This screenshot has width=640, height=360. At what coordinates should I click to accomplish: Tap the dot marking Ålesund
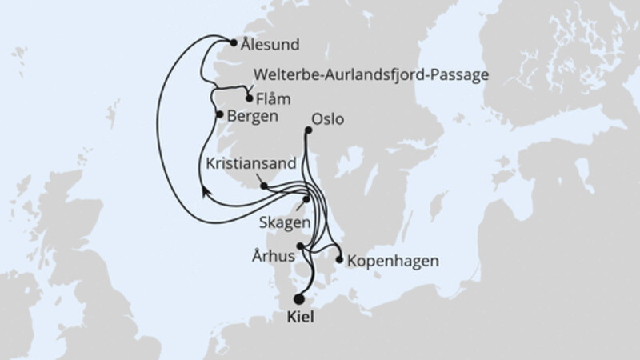click(233, 44)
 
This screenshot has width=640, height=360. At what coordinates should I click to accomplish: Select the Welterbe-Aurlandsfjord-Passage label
click(370, 76)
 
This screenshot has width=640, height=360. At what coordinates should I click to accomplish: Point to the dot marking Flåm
click(249, 99)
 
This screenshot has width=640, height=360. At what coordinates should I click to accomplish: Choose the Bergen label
click(253, 116)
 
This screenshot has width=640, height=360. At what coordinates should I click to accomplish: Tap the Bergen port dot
click(220, 115)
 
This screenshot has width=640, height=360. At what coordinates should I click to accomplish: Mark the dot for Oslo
click(309, 129)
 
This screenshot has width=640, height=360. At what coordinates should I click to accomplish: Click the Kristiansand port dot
click(263, 185)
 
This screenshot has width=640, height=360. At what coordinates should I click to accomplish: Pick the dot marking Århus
click(300, 246)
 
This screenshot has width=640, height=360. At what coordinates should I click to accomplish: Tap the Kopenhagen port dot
click(340, 260)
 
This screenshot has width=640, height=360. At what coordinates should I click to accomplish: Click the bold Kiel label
click(299, 318)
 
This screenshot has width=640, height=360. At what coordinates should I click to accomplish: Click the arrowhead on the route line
click(205, 190)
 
